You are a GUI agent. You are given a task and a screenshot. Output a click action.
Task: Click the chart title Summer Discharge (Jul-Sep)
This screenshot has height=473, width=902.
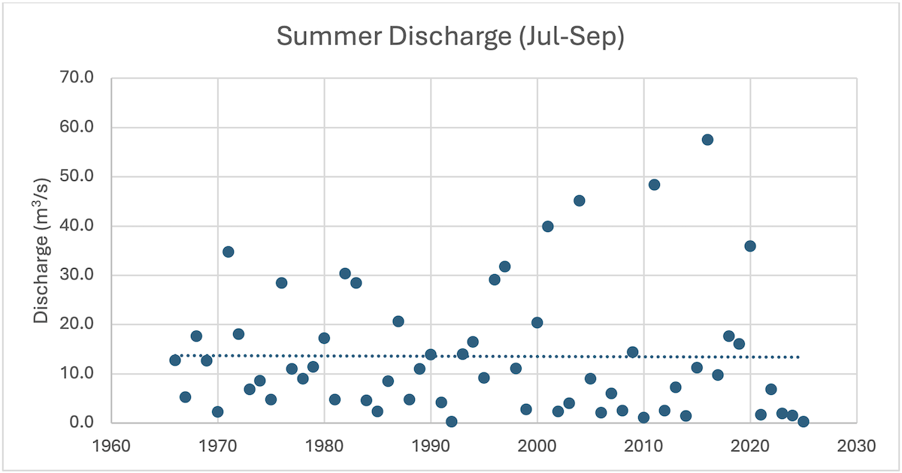[x=450, y=37]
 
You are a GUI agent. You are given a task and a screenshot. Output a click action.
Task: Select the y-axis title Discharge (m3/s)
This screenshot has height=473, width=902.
[x=41, y=250]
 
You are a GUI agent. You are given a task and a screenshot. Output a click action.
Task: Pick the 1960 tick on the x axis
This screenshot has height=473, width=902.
[x=111, y=445]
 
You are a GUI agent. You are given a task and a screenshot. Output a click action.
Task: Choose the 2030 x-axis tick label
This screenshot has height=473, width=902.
[x=857, y=445]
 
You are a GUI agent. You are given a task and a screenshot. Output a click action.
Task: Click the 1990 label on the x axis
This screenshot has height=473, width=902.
[x=431, y=445]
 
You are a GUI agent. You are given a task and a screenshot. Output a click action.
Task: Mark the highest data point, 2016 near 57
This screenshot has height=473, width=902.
[x=707, y=140]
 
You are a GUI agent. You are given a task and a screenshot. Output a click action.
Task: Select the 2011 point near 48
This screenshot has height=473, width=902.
[x=654, y=185]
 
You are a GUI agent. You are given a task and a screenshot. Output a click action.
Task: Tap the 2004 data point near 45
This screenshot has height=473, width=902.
[x=580, y=200]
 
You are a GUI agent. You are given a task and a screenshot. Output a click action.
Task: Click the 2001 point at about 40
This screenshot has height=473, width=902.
[x=548, y=227]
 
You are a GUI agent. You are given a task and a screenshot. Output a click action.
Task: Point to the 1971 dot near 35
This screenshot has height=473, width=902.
[x=228, y=252]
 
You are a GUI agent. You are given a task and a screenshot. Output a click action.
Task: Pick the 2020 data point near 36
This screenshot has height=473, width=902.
[x=750, y=246]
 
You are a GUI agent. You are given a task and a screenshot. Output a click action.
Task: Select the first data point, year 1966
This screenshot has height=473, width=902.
[x=175, y=360]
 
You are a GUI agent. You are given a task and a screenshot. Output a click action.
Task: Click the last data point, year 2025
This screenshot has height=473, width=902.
[x=804, y=421]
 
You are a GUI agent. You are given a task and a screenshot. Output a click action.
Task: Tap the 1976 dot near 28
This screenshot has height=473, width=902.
[x=281, y=283]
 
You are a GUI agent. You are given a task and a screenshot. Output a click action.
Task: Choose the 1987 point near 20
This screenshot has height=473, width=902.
[x=398, y=321]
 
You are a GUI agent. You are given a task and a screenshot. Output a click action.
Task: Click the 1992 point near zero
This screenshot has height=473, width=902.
[x=452, y=421]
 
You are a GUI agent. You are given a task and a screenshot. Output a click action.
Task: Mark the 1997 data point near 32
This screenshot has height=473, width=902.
[x=505, y=267]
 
